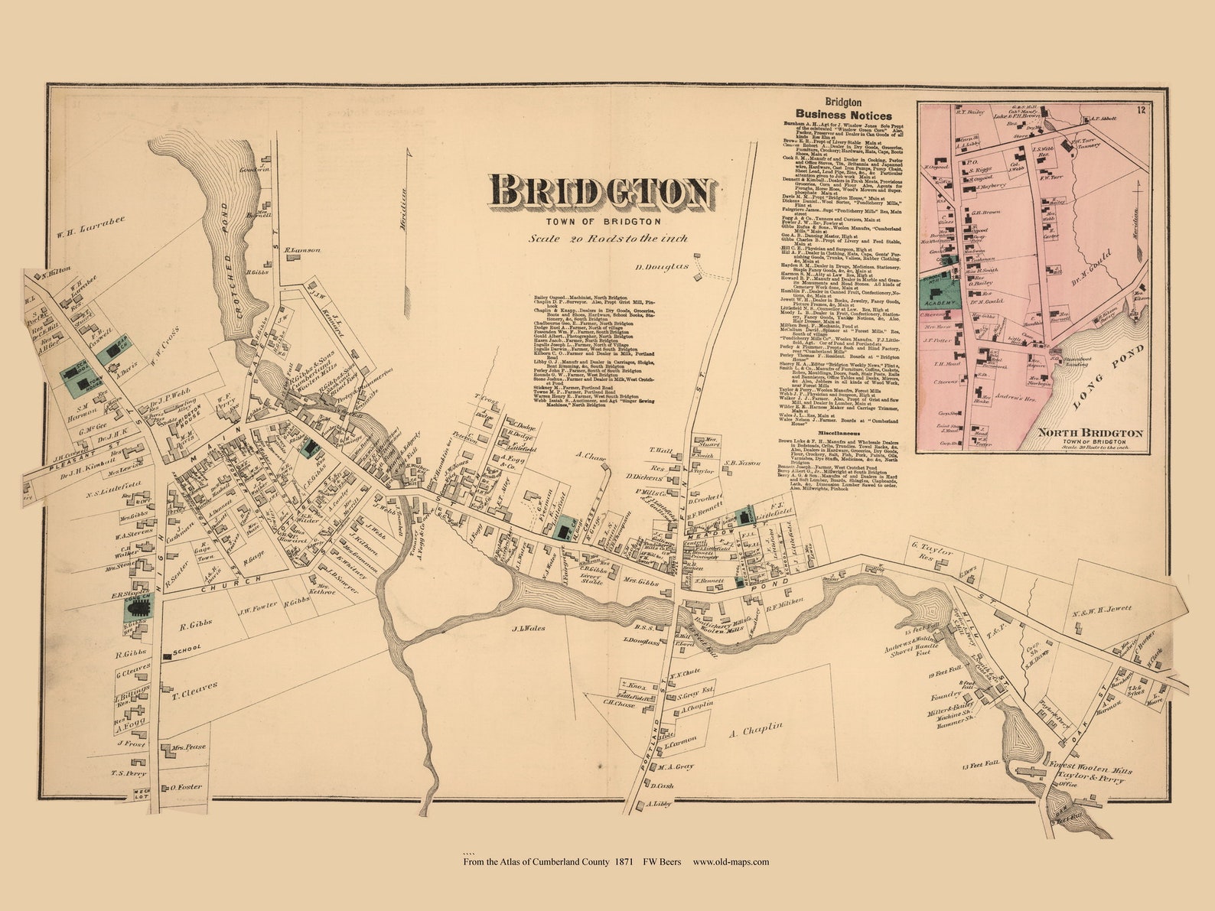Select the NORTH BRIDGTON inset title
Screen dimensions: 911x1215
tap(1090, 434)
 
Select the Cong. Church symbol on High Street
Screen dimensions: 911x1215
tap(139, 608)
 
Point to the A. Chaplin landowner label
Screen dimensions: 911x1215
tap(756, 730)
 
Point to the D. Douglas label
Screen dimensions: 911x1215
tap(663, 267)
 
